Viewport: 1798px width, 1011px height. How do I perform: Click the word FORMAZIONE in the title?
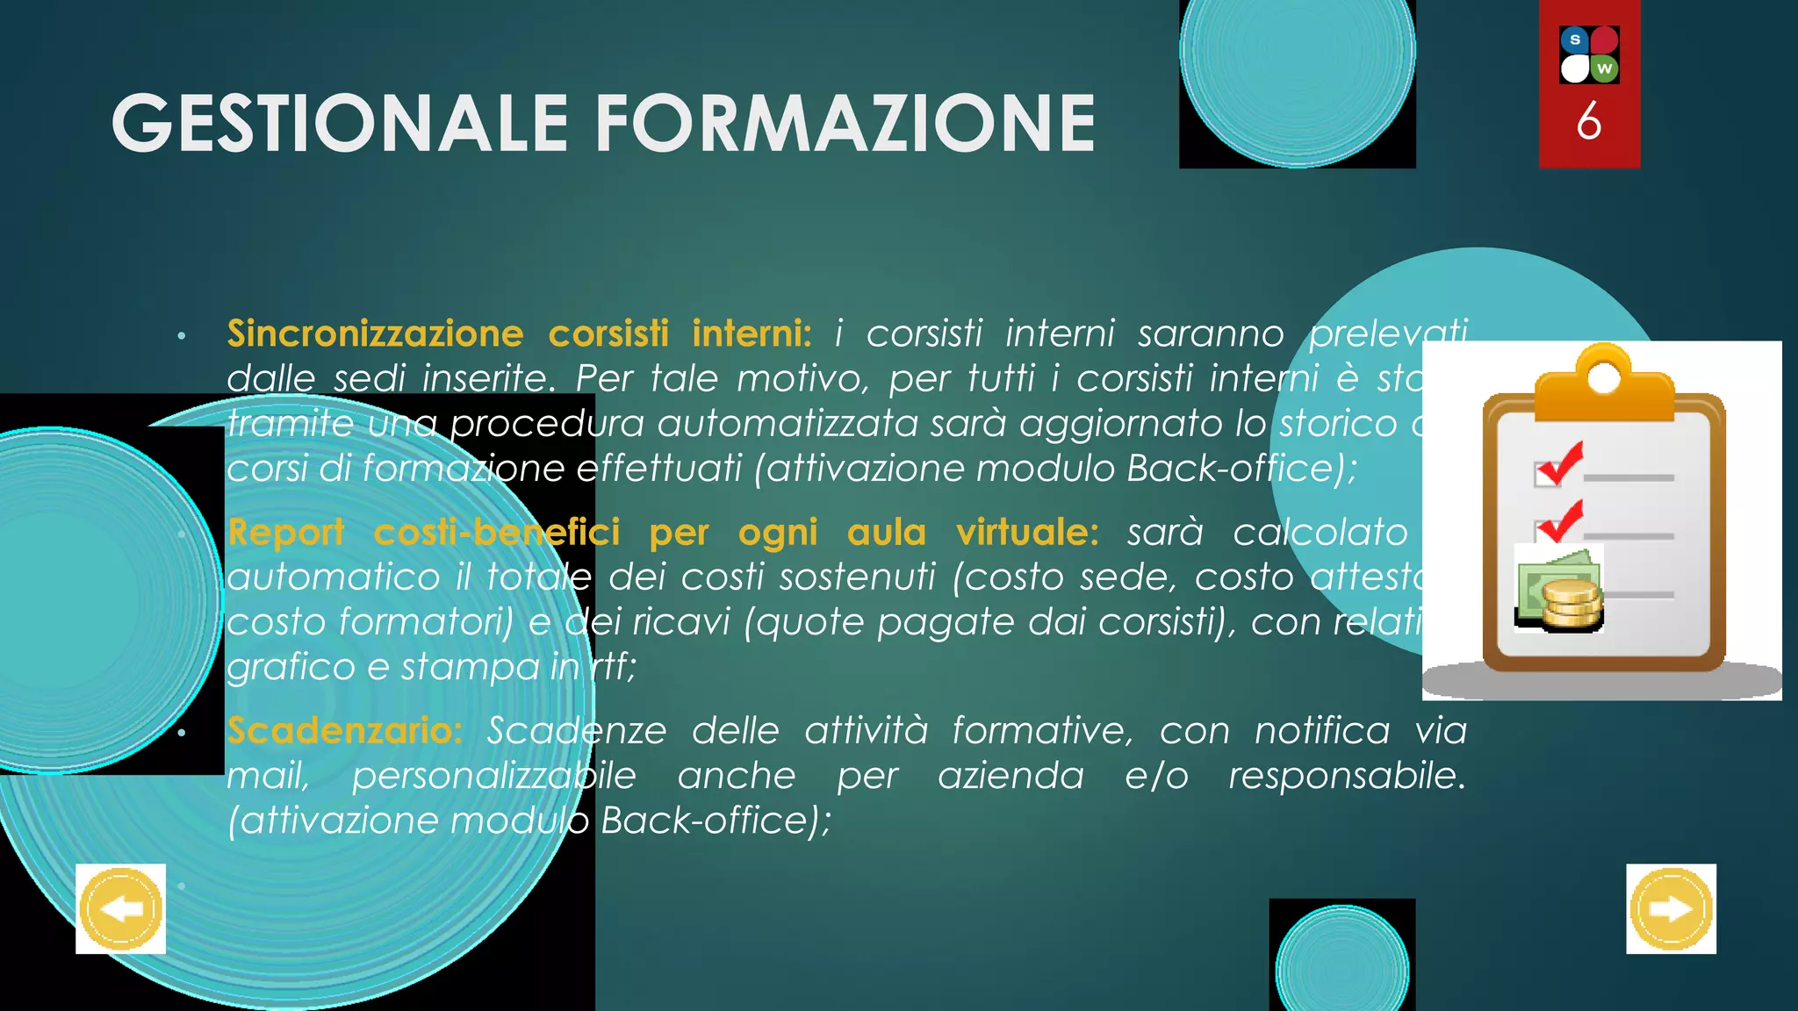(x=845, y=124)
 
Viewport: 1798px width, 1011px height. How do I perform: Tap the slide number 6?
(x=1588, y=121)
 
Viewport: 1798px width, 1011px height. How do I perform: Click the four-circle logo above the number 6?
(x=1589, y=54)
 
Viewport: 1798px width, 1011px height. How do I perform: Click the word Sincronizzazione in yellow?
(x=375, y=333)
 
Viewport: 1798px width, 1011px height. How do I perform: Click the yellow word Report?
(x=286, y=533)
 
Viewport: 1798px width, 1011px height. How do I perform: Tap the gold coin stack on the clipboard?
(x=1572, y=606)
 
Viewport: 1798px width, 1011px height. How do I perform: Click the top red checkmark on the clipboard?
(x=1561, y=462)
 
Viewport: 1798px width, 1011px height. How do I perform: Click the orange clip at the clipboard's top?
(x=1604, y=386)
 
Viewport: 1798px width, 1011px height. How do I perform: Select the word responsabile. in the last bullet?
(x=1347, y=776)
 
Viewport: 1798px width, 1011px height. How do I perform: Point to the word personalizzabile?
(x=494, y=776)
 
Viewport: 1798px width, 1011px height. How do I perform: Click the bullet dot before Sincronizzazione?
(x=181, y=336)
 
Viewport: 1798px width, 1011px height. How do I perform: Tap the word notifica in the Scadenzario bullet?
(x=1321, y=730)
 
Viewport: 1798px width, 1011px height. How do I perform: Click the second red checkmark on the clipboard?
(x=1561, y=521)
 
